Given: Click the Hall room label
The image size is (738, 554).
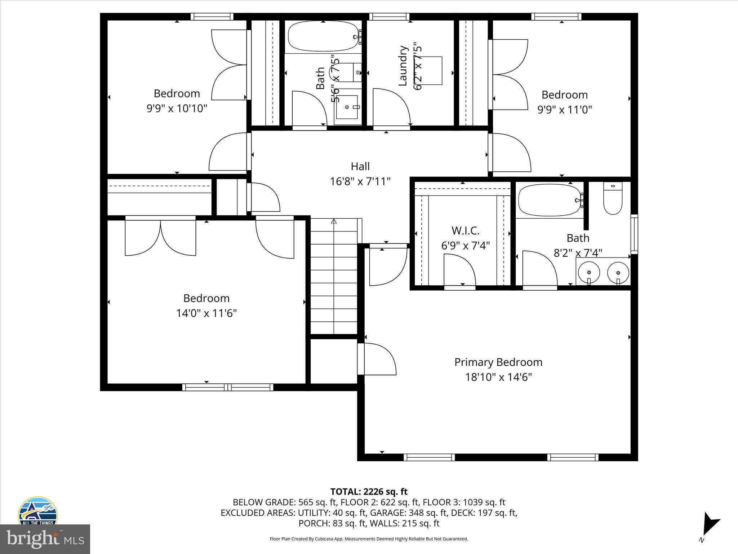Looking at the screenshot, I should (x=360, y=166).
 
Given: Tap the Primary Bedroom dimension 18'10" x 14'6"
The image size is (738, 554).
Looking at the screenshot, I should (x=498, y=377).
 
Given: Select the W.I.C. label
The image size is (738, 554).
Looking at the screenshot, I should (x=465, y=230).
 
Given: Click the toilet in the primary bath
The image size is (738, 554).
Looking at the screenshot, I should (x=613, y=200).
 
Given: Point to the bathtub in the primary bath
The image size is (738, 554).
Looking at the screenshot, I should (x=550, y=200).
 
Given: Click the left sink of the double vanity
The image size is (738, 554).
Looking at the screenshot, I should (x=589, y=272).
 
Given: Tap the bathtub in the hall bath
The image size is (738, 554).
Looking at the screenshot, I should (x=323, y=36).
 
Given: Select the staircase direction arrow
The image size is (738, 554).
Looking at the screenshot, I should (x=334, y=221).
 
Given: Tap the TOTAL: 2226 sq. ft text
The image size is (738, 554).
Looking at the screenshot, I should (x=369, y=492).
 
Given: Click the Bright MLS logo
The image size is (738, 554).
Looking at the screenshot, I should (x=45, y=539).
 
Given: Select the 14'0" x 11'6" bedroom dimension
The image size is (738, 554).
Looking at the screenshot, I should (x=206, y=313).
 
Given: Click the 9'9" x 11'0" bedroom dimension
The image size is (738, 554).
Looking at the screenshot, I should (x=565, y=110).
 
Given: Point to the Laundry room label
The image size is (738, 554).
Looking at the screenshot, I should (x=403, y=66).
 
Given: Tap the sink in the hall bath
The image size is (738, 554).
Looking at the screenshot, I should (x=347, y=107).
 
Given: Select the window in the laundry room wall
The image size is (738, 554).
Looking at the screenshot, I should (x=389, y=17).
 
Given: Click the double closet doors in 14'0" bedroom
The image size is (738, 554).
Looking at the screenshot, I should (x=160, y=236).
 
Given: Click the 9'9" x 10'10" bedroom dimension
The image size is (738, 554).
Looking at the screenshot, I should (x=177, y=109).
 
